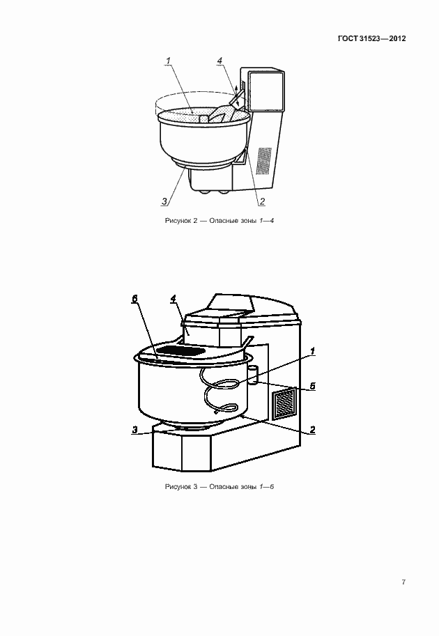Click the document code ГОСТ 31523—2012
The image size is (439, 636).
click(371, 38)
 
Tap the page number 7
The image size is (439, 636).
click(403, 582)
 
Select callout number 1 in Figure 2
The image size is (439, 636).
click(168, 61)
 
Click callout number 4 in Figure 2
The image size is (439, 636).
click(219, 61)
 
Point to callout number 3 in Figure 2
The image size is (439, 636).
click(164, 201)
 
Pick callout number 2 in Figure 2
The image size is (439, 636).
click(262, 201)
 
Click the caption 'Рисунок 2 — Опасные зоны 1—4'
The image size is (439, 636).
click(219, 221)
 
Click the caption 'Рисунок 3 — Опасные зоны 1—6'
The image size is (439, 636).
click(219, 486)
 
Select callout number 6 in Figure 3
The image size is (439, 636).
click(134, 299)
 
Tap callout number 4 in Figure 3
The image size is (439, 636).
click(174, 299)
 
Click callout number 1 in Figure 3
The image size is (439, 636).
click(312, 351)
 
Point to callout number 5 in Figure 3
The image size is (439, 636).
click(312, 386)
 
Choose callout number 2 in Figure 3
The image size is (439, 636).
click(312, 430)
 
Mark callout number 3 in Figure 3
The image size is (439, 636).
click(134, 430)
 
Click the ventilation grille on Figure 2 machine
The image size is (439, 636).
click(264, 161)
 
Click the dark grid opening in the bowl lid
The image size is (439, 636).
click(180, 350)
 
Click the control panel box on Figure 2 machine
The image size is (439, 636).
click(265, 91)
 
